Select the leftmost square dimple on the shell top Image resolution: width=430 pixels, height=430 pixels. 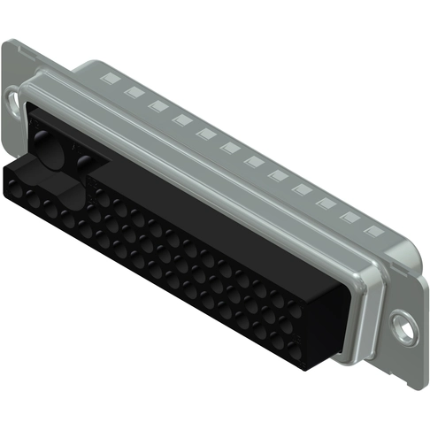pyautogui.click(x=111, y=79)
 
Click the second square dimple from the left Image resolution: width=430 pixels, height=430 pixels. pyautogui.click(x=134, y=92)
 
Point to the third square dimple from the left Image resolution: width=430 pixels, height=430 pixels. pyautogui.click(x=158, y=105)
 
